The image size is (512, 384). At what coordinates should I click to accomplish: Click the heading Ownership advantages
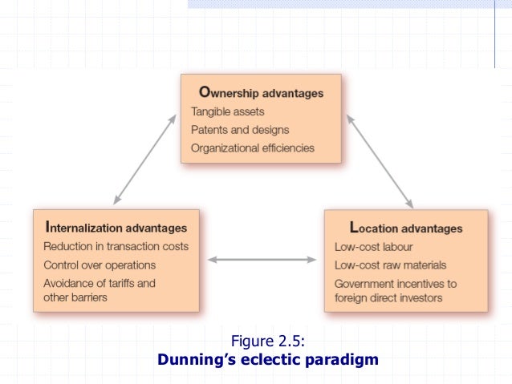click(x=257, y=93)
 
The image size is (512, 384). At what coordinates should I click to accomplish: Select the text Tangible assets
click(x=227, y=111)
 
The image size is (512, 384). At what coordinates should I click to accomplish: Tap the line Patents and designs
click(x=240, y=130)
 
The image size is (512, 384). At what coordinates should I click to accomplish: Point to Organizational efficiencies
click(x=253, y=148)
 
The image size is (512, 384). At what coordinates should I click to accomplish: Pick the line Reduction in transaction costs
click(x=116, y=246)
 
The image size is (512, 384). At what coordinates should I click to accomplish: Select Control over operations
click(x=100, y=265)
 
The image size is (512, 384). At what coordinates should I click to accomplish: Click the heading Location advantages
click(x=406, y=228)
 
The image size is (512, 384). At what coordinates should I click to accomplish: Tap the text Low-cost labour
click(x=373, y=246)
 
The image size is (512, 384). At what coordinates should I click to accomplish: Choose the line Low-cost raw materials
click(x=390, y=265)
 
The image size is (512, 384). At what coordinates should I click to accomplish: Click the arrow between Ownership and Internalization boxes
click(x=144, y=159)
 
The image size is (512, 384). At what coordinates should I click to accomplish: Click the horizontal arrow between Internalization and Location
click(x=262, y=259)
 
